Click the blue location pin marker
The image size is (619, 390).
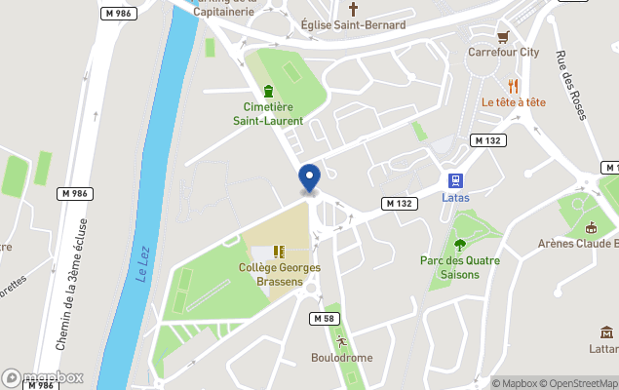(309, 178)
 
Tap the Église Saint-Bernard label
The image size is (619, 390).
(339, 24)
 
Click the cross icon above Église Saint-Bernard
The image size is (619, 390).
(339, 8)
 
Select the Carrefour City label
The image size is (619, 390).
(503, 52)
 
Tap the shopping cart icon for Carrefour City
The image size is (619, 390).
(503, 36)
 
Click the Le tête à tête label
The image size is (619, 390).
(513, 101)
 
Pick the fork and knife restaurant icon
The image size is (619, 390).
(513, 86)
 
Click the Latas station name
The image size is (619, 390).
(455, 197)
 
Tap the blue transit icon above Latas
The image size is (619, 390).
(455, 180)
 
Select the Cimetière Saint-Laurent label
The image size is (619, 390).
(267, 114)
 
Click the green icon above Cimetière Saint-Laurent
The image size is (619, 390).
(267, 92)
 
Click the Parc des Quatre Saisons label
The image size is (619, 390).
(460, 267)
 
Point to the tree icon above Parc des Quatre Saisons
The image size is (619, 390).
(460, 245)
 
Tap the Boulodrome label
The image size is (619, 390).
(340, 357)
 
